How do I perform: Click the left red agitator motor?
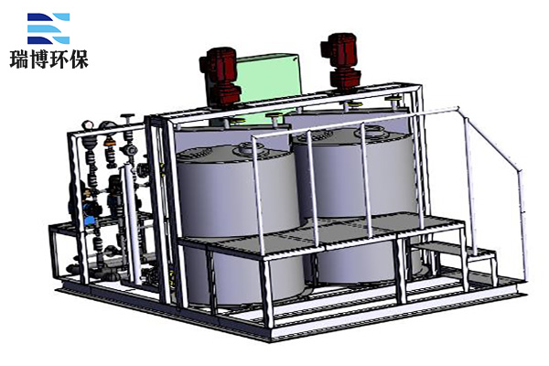pyautogui.click(x=220, y=76)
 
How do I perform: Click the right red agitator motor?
pyautogui.click(x=340, y=62)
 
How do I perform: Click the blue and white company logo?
pyautogui.click(x=48, y=28)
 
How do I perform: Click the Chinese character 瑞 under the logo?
pyautogui.click(x=19, y=59)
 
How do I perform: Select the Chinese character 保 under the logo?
pyautogui.click(x=79, y=59)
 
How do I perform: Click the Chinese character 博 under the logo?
pyautogui.click(x=38, y=59)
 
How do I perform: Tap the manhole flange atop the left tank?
pyautogui.click(x=253, y=148)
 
